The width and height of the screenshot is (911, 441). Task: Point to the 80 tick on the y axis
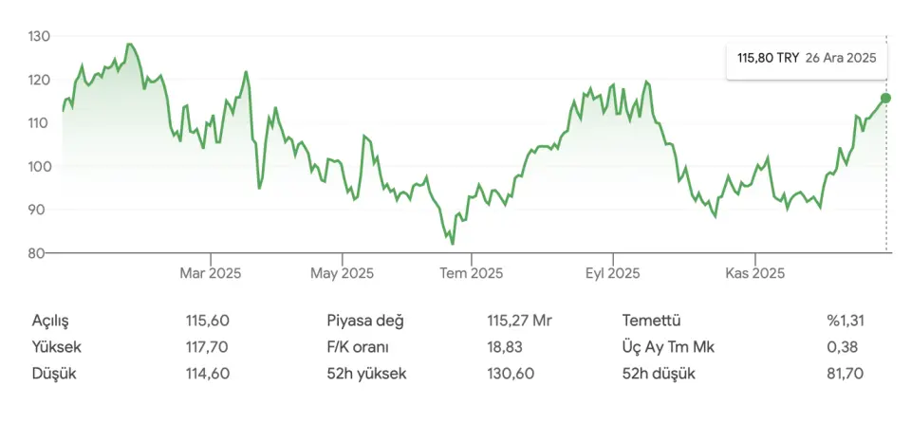point(42,253)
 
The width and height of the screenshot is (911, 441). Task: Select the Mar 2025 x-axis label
point(210,274)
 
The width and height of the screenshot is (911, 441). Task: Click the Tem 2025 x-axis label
point(472,274)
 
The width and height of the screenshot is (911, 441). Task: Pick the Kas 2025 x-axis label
point(754,274)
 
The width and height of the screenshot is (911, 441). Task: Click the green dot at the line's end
point(885,98)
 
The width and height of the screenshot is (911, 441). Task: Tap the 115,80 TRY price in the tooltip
point(768,58)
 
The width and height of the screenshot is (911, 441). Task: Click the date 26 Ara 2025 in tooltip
point(840,58)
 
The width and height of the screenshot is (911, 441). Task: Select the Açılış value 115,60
point(208,321)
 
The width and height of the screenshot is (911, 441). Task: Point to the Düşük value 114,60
point(208,374)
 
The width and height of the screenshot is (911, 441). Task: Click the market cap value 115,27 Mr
point(519,321)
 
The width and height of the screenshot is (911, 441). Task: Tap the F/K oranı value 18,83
point(505,347)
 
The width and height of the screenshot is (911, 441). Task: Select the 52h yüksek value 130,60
point(511,374)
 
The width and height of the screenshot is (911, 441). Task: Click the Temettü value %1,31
point(845,321)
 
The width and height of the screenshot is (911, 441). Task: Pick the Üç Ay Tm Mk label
point(668,347)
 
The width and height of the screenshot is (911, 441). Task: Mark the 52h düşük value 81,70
point(845,374)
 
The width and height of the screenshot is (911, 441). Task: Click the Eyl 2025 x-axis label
point(612,274)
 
